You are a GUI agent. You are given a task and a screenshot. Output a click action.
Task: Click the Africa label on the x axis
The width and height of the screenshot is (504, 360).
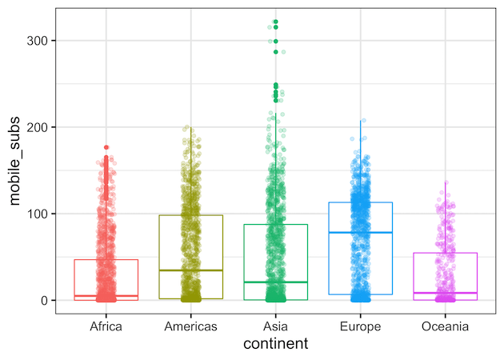[x=106, y=326]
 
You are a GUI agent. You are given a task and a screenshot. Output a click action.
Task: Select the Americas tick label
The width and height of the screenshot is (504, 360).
[x=190, y=326]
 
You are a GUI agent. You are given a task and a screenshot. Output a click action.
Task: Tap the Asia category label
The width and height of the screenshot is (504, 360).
[x=275, y=326]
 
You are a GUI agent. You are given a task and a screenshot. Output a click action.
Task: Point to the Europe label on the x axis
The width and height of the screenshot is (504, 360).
[x=360, y=326]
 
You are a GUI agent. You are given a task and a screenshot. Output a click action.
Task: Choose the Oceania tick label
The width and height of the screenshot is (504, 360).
[x=445, y=326]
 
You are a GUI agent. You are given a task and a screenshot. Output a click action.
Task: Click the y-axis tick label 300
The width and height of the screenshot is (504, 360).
[x=42, y=41]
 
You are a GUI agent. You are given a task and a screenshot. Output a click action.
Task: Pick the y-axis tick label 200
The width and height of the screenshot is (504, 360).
[x=42, y=127]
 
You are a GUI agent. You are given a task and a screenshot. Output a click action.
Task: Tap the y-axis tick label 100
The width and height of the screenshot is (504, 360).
[x=42, y=214]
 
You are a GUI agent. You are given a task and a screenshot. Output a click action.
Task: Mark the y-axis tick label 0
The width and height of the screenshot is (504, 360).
[x=48, y=300]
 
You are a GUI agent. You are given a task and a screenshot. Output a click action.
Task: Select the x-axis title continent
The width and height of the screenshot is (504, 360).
[x=275, y=345]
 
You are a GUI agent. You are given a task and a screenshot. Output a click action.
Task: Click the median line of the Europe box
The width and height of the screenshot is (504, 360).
[x=360, y=232]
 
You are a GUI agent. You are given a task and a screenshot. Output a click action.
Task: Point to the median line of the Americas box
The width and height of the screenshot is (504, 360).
[x=190, y=270]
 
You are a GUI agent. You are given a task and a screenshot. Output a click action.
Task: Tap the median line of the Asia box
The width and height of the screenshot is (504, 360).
[x=275, y=282]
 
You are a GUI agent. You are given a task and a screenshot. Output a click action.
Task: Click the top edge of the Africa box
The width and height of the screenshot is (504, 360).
[x=106, y=259]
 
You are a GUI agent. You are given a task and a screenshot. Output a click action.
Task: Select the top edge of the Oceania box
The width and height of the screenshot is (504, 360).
[x=445, y=253]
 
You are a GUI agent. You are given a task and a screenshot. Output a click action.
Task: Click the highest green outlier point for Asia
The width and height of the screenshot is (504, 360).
[x=275, y=22]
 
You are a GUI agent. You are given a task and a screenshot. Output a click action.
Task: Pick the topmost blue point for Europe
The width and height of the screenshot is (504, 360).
[x=362, y=121]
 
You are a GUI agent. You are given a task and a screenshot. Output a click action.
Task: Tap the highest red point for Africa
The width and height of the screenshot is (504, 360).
[x=106, y=147]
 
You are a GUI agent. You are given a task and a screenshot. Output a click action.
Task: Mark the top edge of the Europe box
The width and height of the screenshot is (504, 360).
[x=360, y=202]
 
